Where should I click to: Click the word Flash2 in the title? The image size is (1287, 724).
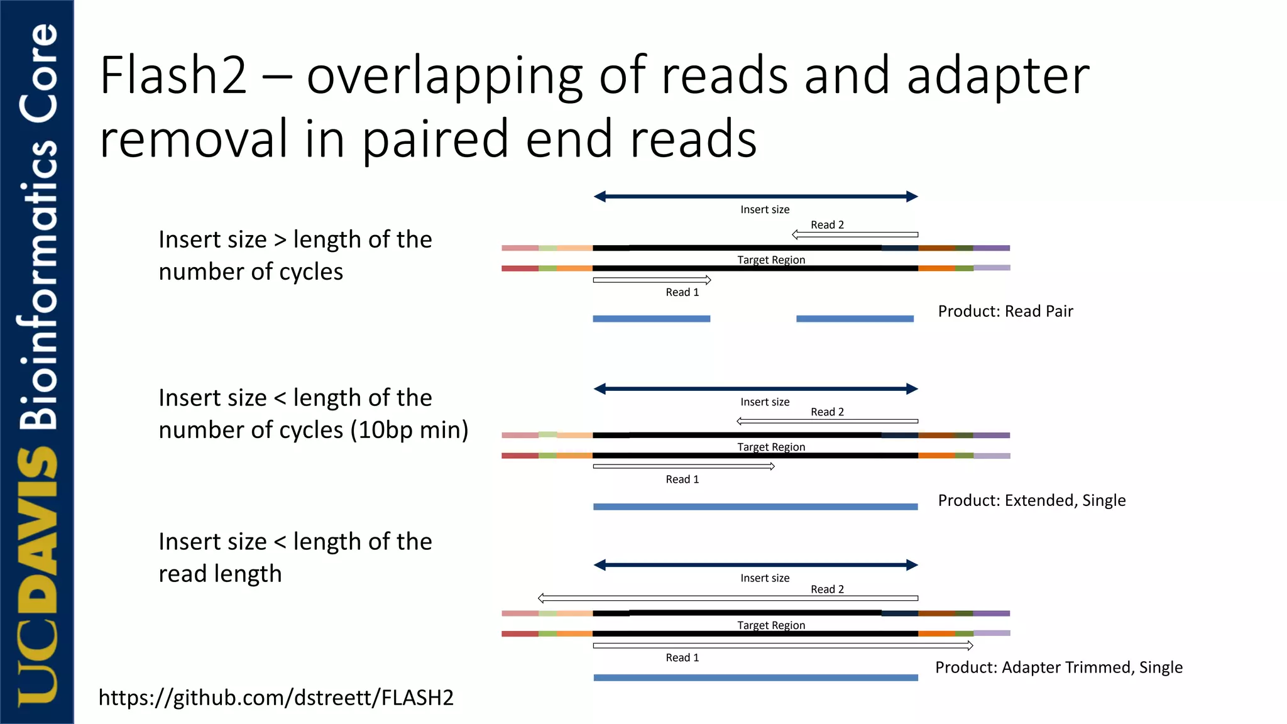coord(173,75)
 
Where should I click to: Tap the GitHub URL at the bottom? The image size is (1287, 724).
coord(276,698)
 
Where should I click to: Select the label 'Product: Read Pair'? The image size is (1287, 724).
coord(1005,311)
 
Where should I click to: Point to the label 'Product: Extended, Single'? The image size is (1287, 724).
coord(1031,500)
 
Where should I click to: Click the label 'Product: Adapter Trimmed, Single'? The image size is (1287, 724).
coord(1058,667)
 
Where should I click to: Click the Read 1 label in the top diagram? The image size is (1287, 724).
coord(682,292)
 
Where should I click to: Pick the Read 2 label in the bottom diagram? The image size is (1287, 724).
coord(827,589)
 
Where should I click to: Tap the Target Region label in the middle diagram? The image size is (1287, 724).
coord(771,447)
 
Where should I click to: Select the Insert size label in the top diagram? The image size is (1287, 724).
coord(765,209)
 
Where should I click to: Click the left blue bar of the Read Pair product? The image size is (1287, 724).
coord(651,319)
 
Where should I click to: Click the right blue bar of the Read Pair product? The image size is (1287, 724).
coord(855,319)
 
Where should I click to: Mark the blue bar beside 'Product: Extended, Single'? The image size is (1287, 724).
coord(755,507)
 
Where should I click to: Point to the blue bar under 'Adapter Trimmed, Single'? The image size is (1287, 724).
coord(755,677)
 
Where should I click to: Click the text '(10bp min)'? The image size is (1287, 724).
coord(409,430)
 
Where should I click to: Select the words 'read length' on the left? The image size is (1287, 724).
coord(220,574)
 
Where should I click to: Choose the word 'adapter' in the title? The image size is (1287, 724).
coord(998,77)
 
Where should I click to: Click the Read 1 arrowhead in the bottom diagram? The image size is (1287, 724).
coord(970,645)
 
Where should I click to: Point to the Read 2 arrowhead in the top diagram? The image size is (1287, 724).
coord(796,234)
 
